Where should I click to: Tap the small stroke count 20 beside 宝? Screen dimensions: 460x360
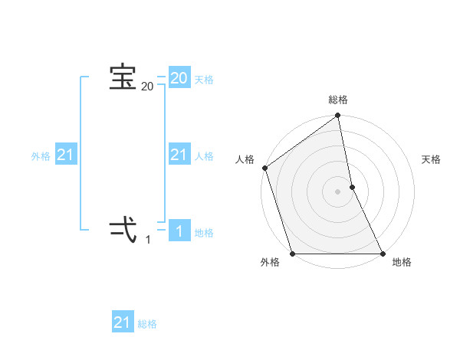tap(147, 87)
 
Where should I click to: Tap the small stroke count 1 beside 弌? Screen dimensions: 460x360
tap(148, 240)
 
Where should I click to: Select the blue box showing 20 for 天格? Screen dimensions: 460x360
tap(179, 78)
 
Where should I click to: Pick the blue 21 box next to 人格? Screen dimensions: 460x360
tap(179, 155)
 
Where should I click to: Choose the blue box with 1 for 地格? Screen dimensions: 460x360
tap(179, 231)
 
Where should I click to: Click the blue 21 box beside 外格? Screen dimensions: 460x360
tap(65, 155)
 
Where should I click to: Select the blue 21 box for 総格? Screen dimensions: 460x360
tap(123, 322)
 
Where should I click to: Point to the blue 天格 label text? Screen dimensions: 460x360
tap(204, 80)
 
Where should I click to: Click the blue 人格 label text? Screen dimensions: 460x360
tap(204, 156)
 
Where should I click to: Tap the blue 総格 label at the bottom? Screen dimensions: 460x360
tap(147, 324)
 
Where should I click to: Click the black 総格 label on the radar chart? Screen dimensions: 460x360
tap(338, 100)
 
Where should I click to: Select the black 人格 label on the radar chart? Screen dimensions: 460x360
tap(245, 159)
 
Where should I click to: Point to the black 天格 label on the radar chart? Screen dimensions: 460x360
tap(432, 159)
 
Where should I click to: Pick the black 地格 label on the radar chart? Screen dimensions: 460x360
tap(402, 263)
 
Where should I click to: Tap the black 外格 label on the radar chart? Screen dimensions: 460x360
tap(270, 263)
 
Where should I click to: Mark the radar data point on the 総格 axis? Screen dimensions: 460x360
tap(338, 116)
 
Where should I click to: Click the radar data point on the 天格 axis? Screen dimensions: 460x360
tap(352, 187)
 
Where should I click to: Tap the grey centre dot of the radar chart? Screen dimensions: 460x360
tap(338, 191)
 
